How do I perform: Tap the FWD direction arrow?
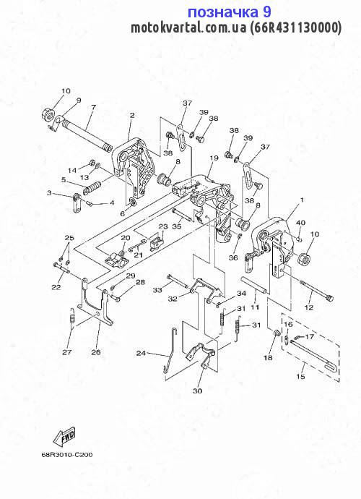[x=65, y=437]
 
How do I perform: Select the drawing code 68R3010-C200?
[x=67, y=455]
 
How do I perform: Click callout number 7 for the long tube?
[x=93, y=107]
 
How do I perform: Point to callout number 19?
[x=214, y=158]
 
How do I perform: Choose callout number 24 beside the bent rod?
[x=141, y=353]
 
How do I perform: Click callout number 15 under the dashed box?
[x=300, y=377]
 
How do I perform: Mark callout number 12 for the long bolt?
[x=309, y=308]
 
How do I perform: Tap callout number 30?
[x=197, y=391]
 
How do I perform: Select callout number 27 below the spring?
[x=66, y=352]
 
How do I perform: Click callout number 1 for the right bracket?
[x=302, y=200]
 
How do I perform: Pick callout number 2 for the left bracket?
[x=132, y=115]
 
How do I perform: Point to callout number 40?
[x=300, y=223]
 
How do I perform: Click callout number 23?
[x=163, y=226]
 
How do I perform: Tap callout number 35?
[x=177, y=226]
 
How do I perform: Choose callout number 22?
[x=56, y=287]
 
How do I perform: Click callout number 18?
[x=268, y=358]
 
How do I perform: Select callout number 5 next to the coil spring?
[x=64, y=180]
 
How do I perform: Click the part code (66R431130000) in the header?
[x=295, y=28]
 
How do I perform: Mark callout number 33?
[x=157, y=290]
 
